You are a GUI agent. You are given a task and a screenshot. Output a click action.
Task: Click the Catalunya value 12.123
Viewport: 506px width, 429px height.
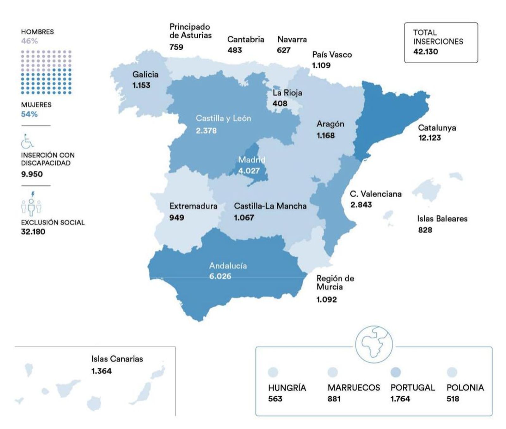coord(429,138)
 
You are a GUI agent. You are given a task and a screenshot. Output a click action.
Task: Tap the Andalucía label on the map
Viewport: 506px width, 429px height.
coord(228,266)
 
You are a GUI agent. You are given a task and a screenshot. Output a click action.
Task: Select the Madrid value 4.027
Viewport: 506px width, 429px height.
coord(249,171)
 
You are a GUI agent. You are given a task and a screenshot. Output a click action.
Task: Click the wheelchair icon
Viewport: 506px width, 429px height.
coord(27,141)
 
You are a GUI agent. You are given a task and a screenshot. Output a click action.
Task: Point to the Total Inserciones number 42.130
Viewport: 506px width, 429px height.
coord(425,52)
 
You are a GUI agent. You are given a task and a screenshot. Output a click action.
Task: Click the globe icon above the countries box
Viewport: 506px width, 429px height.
coord(373,344)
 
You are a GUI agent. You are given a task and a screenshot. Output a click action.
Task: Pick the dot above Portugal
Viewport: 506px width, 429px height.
coord(396,372)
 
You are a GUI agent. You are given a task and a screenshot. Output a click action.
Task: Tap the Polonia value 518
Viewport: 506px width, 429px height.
coord(453,399)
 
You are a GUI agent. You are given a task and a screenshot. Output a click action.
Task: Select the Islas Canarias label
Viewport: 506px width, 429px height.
coord(117,359)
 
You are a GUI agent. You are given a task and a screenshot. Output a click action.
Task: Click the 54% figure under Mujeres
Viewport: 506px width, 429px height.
coord(29,114)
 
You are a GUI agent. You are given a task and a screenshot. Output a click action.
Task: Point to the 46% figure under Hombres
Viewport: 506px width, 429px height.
coord(29,41)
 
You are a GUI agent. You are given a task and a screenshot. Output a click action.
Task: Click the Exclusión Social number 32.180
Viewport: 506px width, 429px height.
coord(33,232)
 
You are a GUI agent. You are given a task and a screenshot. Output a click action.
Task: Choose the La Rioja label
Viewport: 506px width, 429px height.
coord(287,93)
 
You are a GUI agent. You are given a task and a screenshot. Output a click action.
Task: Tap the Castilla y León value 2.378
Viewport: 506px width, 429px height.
coord(206,131)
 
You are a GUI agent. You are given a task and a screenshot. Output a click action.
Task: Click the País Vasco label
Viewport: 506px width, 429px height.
coord(332,55)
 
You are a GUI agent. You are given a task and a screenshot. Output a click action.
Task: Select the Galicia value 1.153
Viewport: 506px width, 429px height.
coord(141,85)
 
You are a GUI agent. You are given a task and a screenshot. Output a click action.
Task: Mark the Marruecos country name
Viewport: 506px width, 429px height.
coord(354,388)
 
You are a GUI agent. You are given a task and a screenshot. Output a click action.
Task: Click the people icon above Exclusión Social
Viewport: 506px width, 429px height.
coord(31,205)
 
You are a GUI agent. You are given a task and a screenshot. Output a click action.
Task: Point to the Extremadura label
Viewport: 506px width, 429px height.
coord(193,206)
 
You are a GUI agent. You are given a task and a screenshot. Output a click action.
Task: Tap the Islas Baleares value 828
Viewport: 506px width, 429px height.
coord(425,230)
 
